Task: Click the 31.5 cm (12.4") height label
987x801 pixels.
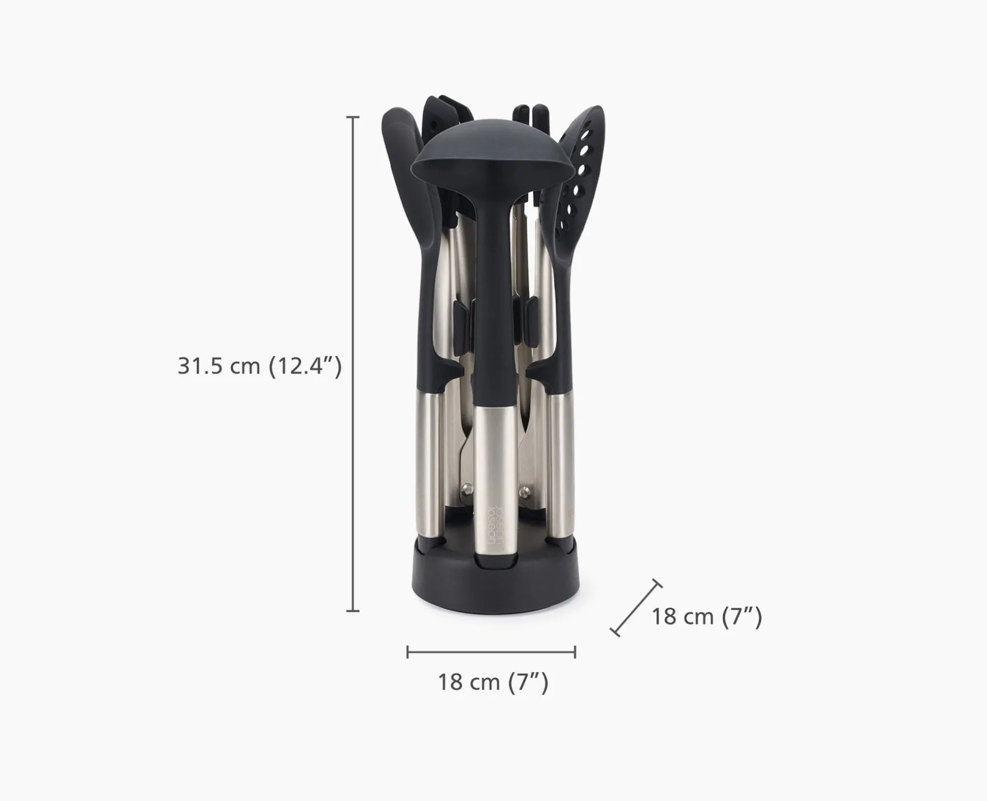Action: (x=260, y=366)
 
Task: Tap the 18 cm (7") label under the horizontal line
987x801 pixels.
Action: (x=493, y=682)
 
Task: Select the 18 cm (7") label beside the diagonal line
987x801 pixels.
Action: (x=706, y=617)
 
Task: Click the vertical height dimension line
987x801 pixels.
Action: (x=353, y=363)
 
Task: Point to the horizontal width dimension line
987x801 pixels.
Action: (x=491, y=652)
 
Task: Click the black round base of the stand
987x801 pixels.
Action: (x=491, y=587)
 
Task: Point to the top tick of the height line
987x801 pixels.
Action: (x=353, y=117)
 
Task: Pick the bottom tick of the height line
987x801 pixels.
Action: (x=353, y=611)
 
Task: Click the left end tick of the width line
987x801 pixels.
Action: (x=407, y=652)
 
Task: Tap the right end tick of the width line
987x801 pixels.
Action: (x=575, y=652)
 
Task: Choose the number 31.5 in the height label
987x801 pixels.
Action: (x=200, y=366)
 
